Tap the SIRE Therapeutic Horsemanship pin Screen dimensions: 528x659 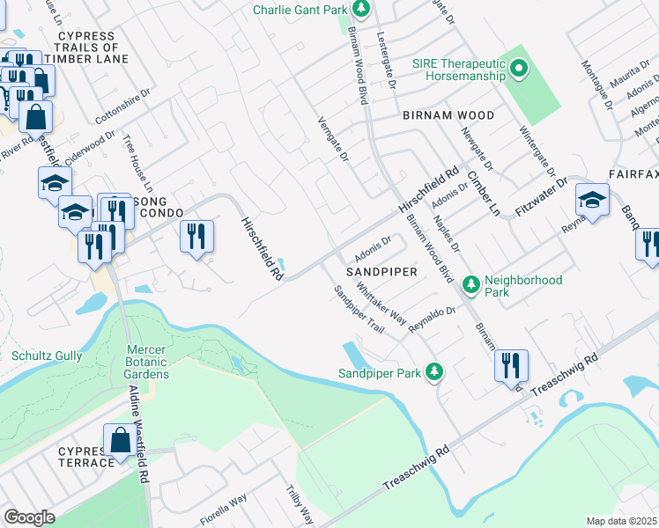pos(519,68)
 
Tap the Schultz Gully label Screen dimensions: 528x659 pos(47,356)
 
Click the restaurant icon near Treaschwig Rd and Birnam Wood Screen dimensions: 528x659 pos(511,365)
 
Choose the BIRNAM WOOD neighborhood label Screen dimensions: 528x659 pos(448,116)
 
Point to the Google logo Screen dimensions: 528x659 pos(29,517)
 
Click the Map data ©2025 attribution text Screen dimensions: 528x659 pos(621,521)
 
